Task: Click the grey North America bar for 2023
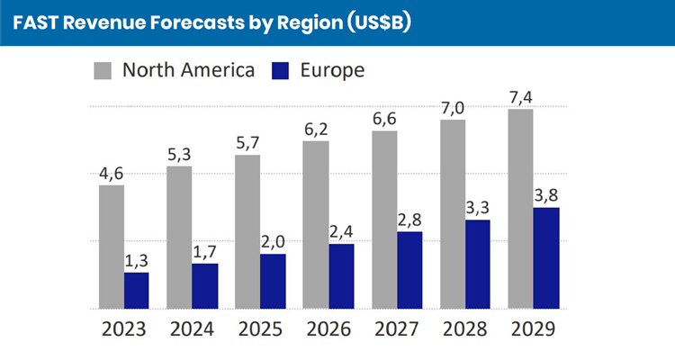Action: (x=112, y=247)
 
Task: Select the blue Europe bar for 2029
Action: (x=546, y=258)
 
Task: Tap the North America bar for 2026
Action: (x=316, y=224)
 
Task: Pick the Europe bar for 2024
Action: (x=205, y=285)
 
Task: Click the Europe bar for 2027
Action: (x=409, y=270)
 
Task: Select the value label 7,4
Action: (x=519, y=95)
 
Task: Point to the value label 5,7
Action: (x=248, y=141)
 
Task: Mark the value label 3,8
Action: (x=546, y=194)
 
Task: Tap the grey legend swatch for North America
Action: (x=103, y=71)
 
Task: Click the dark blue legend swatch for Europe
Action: (x=280, y=71)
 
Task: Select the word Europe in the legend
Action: (x=334, y=70)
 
